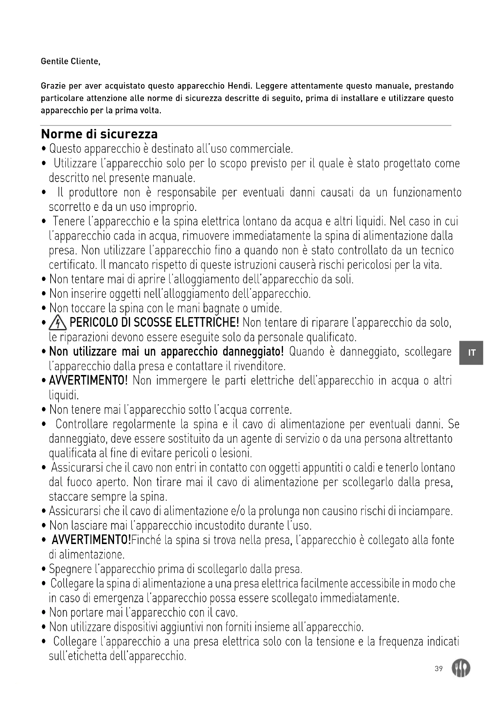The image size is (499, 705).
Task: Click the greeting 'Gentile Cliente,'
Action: (x=71, y=61)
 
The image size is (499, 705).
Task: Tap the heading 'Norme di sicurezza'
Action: (x=99, y=134)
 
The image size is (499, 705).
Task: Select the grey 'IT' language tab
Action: (x=472, y=353)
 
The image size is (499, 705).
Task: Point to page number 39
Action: (x=439, y=669)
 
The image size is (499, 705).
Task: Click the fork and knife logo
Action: (x=461, y=669)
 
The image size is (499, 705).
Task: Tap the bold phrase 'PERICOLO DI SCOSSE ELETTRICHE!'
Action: (x=154, y=323)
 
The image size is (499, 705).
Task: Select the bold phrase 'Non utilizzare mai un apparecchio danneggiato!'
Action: (x=166, y=351)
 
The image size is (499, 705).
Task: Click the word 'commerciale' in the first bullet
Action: (x=261, y=149)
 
